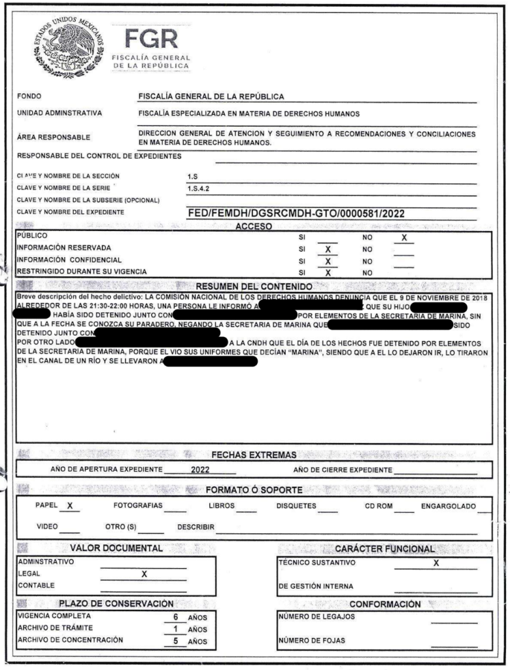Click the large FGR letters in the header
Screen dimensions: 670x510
[151, 38]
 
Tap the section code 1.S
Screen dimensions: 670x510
[192, 176]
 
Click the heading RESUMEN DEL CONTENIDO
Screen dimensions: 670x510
[254, 287]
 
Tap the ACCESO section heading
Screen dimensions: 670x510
[254, 226]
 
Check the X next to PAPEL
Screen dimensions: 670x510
[69, 506]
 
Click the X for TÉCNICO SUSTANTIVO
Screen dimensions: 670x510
[435, 563]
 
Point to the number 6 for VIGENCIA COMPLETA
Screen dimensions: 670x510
[175, 617]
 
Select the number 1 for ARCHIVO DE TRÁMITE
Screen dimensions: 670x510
[175, 629]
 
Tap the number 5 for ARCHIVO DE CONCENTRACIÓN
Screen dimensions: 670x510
[175, 641]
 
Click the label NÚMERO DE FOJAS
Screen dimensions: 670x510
[311, 641]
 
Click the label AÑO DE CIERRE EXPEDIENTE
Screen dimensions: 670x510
[343, 470]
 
